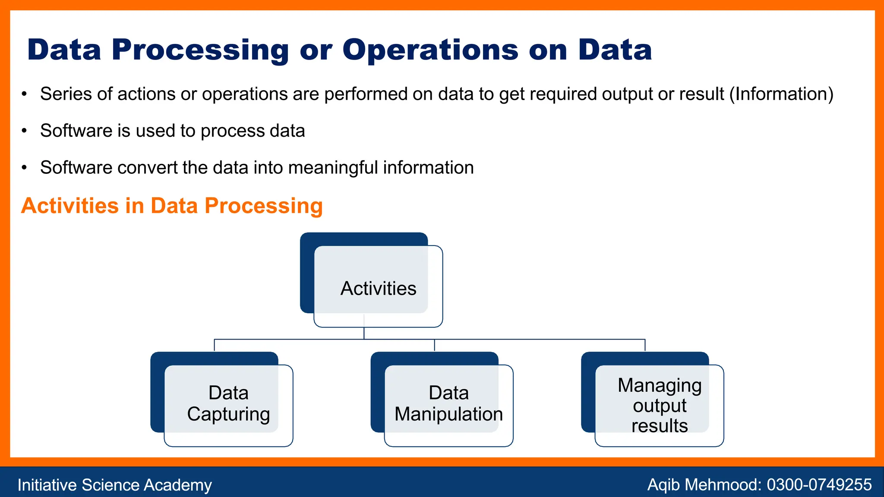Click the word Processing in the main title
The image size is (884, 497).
(200, 50)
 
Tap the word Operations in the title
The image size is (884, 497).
(430, 50)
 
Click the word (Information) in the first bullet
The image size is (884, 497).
(781, 94)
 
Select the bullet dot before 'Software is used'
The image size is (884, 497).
(25, 131)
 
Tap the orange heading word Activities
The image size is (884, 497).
(69, 206)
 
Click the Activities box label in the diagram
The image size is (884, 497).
(378, 288)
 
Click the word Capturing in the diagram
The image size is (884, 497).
(228, 414)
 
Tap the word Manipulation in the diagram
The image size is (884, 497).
(448, 414)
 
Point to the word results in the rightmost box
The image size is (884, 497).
(660, 426)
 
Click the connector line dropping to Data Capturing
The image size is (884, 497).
(215, 345)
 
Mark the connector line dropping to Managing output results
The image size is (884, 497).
(645, 345)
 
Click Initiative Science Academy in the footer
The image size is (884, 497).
(114, 485)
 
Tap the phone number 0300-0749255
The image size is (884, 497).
(819, 485)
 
